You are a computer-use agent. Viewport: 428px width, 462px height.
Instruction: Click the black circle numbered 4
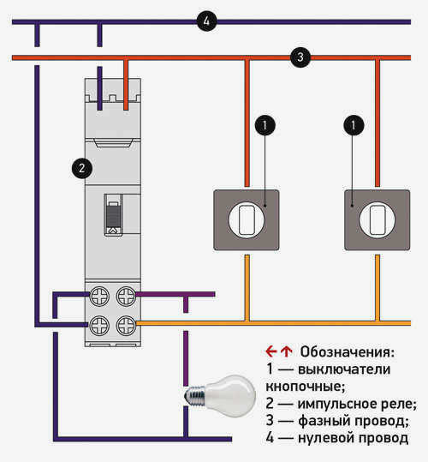[207, 21]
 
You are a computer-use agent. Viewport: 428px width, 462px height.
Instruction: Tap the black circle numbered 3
[300, 57]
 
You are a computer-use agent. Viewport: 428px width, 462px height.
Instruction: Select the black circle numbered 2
[82, 168]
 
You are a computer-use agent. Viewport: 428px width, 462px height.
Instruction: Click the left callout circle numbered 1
[265, 125]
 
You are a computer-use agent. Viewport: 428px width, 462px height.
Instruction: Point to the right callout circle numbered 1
[354, 125]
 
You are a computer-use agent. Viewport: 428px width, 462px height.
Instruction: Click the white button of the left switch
[247, 219]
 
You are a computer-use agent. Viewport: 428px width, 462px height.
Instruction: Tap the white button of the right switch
[377, 219]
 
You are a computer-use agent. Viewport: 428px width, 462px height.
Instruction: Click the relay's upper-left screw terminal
[99, 297]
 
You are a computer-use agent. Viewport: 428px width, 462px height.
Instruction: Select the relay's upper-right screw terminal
[126, 297]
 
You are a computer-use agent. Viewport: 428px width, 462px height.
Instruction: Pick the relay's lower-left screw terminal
[99, 326]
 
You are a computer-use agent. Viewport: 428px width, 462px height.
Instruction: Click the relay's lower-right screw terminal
[126, 326]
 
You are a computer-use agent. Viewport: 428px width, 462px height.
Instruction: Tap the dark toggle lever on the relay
[113, 215]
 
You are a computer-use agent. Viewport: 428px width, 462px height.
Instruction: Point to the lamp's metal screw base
[194, 396]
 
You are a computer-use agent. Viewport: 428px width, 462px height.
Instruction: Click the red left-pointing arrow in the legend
[270, 351]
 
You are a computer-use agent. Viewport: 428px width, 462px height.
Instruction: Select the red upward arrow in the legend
[286, 351]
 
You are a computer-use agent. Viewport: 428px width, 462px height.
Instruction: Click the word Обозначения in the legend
[347, 351]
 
